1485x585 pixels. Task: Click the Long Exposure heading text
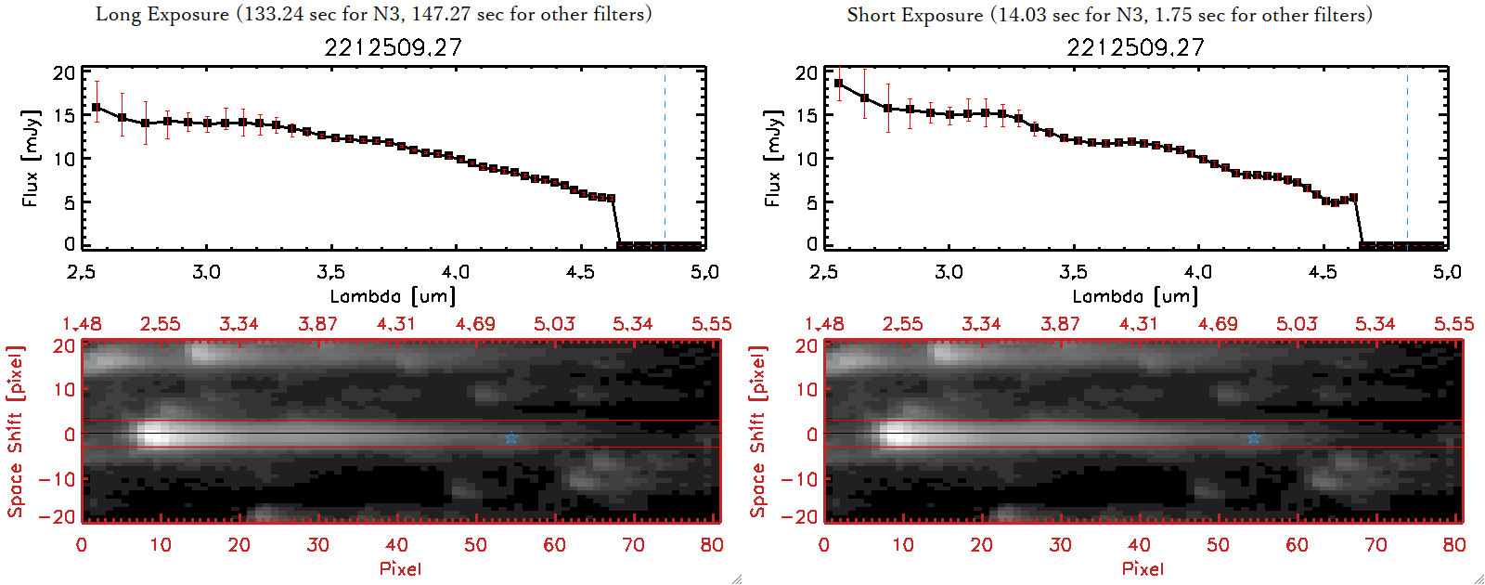point(373,14)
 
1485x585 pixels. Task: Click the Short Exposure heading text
point(1109,15)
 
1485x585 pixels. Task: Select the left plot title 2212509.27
point(393,47)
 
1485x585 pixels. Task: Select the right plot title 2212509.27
point(1135,47)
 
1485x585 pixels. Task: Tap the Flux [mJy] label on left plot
point(31,158)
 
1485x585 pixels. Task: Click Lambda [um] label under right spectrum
point(1135,296)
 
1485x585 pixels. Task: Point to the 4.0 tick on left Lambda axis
point(455,272)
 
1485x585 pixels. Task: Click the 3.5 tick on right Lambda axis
point(1073,272)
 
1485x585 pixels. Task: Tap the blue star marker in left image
point(511,438)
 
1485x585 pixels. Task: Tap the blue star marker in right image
point(1254,438)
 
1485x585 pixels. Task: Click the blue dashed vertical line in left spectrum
point(665,158)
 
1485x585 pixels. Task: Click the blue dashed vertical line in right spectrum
point(1407,158)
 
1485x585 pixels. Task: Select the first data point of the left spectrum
point(97,108)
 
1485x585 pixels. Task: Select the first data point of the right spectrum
point(839,84)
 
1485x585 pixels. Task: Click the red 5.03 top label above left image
point(554,324)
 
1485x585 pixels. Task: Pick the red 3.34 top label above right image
point(981,324)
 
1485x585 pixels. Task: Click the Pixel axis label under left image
point(400,568)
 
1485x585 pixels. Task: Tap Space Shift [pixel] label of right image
point(758,432)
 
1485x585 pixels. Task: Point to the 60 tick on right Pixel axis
point(1297,545)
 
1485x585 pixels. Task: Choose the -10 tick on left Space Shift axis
point(58,478)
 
